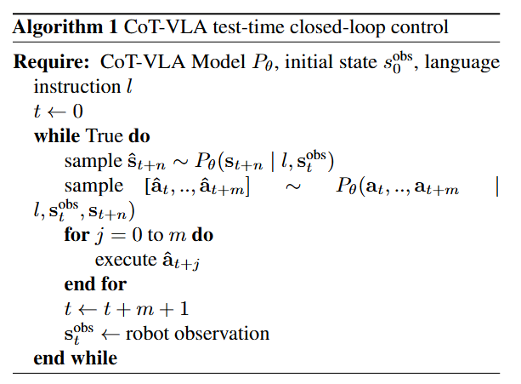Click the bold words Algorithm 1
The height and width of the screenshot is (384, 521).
coord(65,26)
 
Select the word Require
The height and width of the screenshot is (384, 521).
coord(48,63)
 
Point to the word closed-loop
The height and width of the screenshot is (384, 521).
coord(324,26)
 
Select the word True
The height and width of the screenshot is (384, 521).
coord(105,136)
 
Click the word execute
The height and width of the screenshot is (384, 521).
coord(123,260)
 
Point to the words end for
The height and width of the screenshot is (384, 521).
coord(95,284)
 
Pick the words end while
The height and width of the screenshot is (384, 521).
coord(76,358)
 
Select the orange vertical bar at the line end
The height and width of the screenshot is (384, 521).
coord(496,187)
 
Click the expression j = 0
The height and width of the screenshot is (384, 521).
coord(116,235)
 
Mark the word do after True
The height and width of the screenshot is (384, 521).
coord(138,136)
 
